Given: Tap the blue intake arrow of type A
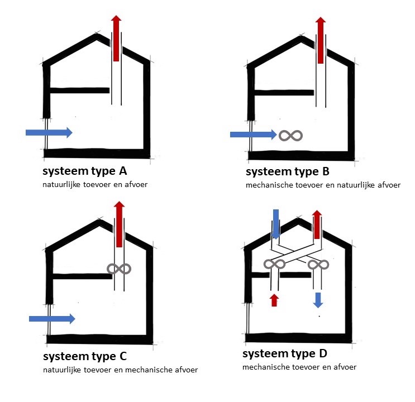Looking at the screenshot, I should (49, 132).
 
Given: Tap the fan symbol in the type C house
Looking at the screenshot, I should (119, 269).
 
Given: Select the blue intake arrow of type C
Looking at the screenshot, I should (52, 318).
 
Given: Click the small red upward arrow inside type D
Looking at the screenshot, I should (274, 300).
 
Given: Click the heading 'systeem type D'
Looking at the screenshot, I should (285, 354).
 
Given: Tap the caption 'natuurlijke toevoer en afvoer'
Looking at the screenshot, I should (96, 184).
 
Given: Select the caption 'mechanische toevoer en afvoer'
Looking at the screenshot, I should (299, 367).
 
